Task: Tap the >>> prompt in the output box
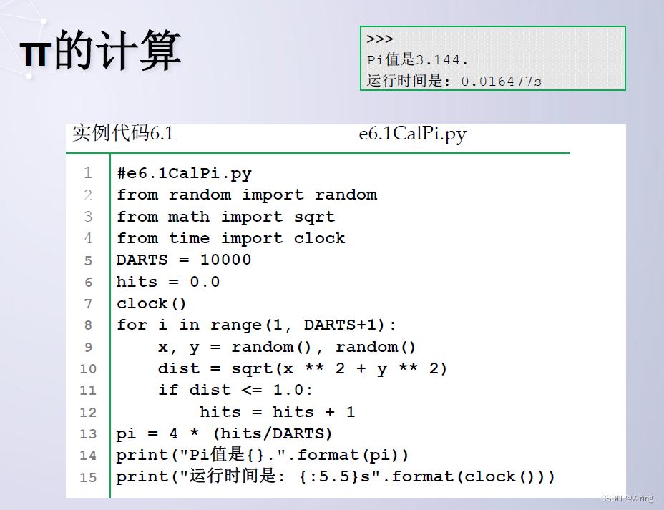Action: [x=380, y=39]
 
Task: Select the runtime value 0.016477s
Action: [x=501, y=81]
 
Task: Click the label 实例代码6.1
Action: [x=122, y=134]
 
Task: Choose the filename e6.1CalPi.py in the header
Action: [x=412, y=134]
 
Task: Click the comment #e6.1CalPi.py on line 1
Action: [x=184, y=173]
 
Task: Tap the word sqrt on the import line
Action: [x=314, y=217]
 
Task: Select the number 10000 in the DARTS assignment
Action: [x=225, y=260]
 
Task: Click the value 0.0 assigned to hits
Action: [x=205, y=282]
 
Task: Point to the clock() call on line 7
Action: [x=152, y=303]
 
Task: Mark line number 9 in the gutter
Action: [x=88, y=347]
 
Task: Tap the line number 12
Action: [x=88, y=412]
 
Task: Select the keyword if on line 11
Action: [x=168, y=391]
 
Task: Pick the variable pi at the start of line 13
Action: [x=126, y=434]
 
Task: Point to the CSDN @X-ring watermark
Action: [x=627, y=499]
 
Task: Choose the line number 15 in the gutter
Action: [x=88, y=477]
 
